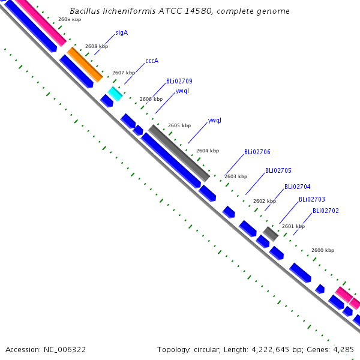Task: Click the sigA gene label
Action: tap(121, 33)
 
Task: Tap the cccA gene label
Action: tap(152, 61)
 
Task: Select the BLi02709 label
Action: tap(179, 81)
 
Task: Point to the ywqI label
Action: tap(182, 91)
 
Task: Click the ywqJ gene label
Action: tap(214, 121)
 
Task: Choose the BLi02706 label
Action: tap(257, 152)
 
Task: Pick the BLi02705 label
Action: tap(278, 170)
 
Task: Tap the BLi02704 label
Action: tap(298, 187)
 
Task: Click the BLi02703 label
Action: tap(312, 199)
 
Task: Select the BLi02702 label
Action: tap(326, 211)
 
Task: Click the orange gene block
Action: tap(85, 65)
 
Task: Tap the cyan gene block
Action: tap(115, 94)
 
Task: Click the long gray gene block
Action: tap(179, 153)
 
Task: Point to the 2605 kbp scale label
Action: tap(179, 125)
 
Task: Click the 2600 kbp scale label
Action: tap(323, 250)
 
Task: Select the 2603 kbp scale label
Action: tap(236, 176)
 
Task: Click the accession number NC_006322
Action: tap(65, 350)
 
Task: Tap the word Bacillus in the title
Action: tap(85, 11)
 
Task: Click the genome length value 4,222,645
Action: tap(270, 350)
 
